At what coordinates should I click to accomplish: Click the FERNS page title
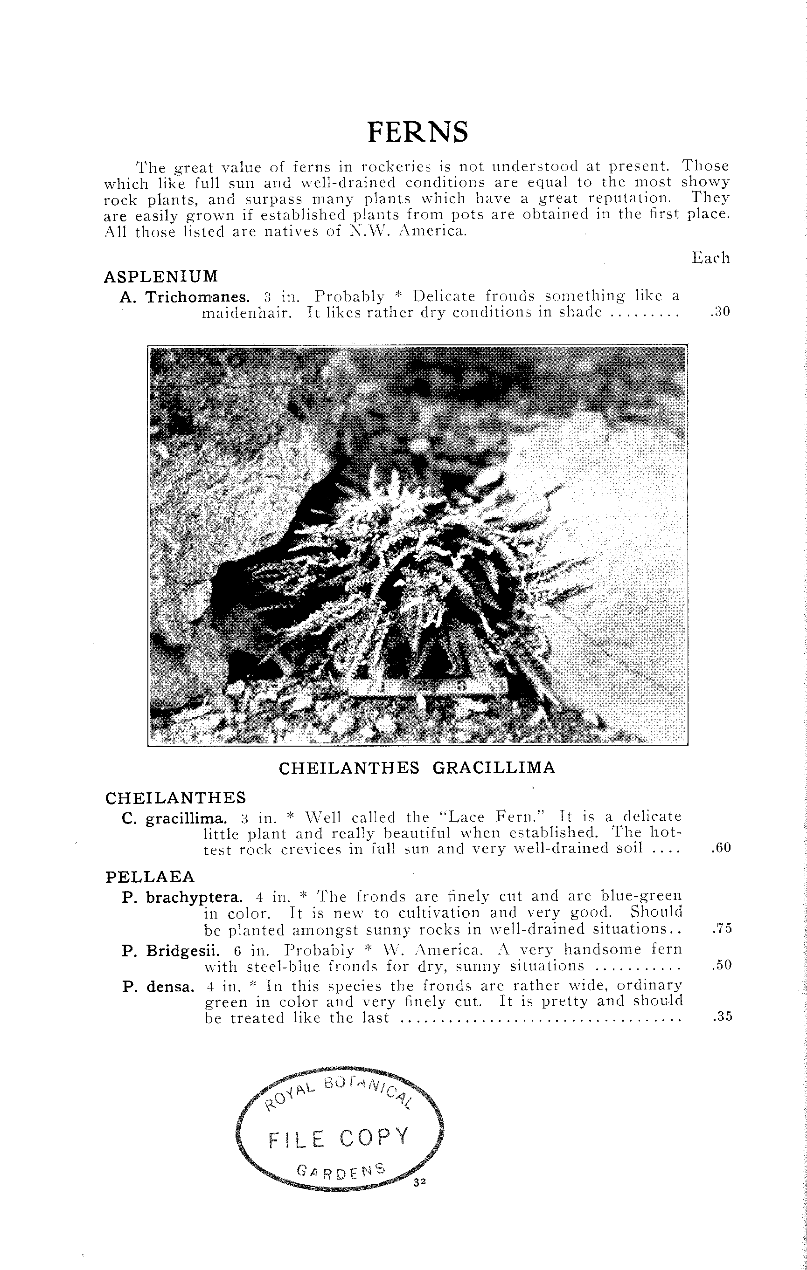coord(417,132)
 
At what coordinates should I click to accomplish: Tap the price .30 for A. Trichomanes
coord(720,312)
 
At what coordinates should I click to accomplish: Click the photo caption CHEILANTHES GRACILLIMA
coord(417,768)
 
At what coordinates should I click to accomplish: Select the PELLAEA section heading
coord(150,877)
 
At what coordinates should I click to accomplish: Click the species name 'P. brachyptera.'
coord(182,897)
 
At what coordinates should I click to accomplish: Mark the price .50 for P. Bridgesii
coord(722,965)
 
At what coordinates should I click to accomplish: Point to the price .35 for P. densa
coord(722,1017)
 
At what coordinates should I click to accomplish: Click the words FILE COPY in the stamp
coord(339,1139)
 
